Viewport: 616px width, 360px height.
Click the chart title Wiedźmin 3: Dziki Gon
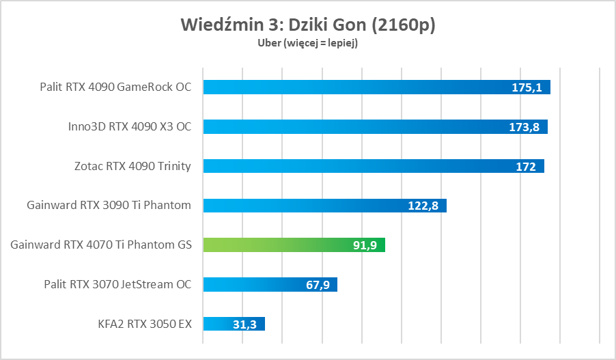[x=307, y=25]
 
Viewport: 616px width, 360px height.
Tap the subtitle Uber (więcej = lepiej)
[x=307, y=43]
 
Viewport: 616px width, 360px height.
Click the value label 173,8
[x=524, y=127]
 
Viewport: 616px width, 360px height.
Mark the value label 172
[x=526, y=167]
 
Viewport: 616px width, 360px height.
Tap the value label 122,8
[x=423, y=206]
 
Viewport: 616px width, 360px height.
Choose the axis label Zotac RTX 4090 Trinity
[x=132, y=166]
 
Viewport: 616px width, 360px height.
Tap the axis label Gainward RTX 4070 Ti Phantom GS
[x=101, y=245]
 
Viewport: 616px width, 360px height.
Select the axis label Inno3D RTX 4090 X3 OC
[x=130, y=126]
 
